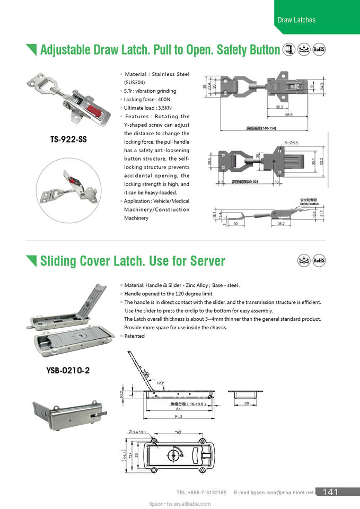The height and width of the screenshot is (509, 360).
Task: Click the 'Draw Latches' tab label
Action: tap(296, 20)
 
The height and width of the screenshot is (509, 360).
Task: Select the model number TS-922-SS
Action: tap(68, 140)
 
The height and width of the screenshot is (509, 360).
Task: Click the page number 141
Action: tap(329, 492)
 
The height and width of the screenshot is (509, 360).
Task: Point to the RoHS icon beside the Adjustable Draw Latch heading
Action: tap(319, 49)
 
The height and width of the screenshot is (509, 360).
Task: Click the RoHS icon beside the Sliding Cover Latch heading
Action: tap(319, 260)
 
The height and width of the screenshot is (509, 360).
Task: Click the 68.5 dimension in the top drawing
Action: tap(288, 115)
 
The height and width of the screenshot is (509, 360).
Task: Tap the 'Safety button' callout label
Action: tap(309, 203)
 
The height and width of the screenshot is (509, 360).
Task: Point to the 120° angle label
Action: tap(160, 382)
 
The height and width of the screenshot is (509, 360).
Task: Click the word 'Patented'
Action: tap(134, 336)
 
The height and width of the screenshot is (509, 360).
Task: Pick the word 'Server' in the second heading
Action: tap(206, 261)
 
